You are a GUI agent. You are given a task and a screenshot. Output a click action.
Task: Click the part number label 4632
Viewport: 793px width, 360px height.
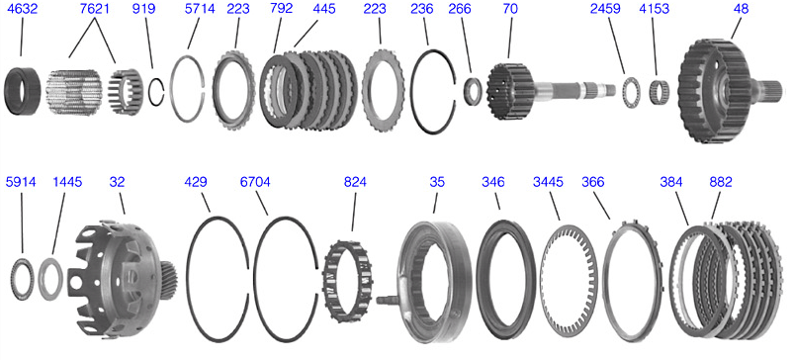coord(21,9)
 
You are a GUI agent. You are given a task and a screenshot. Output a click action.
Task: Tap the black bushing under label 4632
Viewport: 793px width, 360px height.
coord(23,91)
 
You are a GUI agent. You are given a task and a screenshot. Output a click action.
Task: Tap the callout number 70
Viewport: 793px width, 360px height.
coord(507,9)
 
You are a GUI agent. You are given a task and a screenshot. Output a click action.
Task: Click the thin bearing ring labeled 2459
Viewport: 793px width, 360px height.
coord(629,91)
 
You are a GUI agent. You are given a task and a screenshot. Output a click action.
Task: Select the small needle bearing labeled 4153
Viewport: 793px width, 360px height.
coord(658,91)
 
